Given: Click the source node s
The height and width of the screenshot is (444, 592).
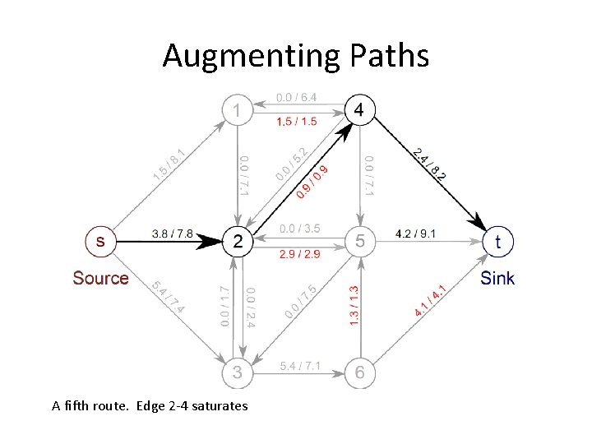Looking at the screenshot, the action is click(100, 241).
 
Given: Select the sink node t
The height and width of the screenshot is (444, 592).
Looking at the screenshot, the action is click(498, 241).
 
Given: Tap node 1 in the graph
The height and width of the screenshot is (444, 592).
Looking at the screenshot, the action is click(238, 109).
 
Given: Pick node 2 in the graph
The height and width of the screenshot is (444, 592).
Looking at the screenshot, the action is click(238, 241).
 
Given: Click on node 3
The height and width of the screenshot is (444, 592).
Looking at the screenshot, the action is click(238, 372).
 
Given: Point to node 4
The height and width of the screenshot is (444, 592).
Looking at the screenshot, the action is click(360, 109).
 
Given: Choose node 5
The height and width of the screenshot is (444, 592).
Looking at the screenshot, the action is click(360, 241).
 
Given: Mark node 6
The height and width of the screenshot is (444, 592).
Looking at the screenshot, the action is click(360, 372).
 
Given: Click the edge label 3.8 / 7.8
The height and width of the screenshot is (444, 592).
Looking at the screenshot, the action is click(172, 233).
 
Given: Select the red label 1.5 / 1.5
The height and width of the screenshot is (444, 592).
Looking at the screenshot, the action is click(296, 122).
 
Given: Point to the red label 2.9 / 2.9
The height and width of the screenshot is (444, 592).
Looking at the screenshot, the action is click(299, 254).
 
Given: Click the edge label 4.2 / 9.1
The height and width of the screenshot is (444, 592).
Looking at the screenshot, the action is click(416, 233).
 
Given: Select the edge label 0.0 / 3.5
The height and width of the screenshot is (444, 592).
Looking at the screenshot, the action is click(299, 228).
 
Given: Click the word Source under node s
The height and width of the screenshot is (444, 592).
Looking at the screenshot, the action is click(100, 278).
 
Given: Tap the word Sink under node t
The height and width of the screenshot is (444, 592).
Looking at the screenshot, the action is click(497, 278).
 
